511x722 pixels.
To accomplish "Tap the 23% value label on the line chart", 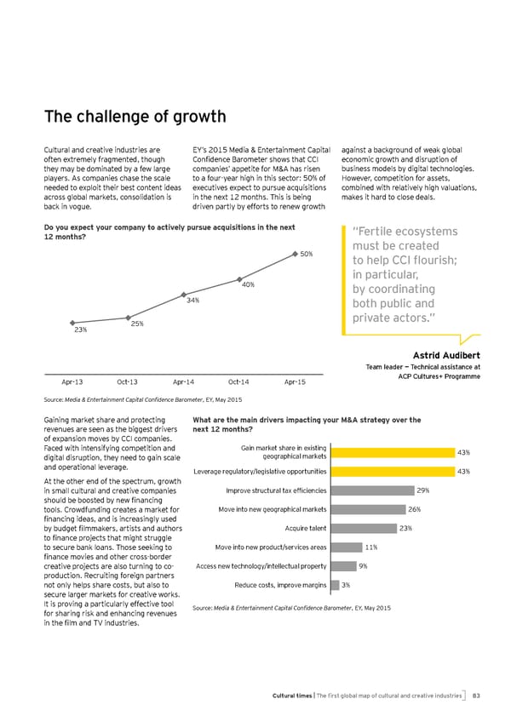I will tap(80, 329).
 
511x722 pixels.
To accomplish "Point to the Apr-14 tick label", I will tap(185, 383).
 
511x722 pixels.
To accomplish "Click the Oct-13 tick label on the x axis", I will tap(129, 383).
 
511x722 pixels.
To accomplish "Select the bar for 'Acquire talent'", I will tap(361, 529).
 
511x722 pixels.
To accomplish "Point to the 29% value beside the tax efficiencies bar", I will tap(423, 490).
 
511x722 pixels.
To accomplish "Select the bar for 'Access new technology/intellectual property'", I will tap(342, 566).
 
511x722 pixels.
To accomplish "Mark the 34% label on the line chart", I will tap(192, 300).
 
